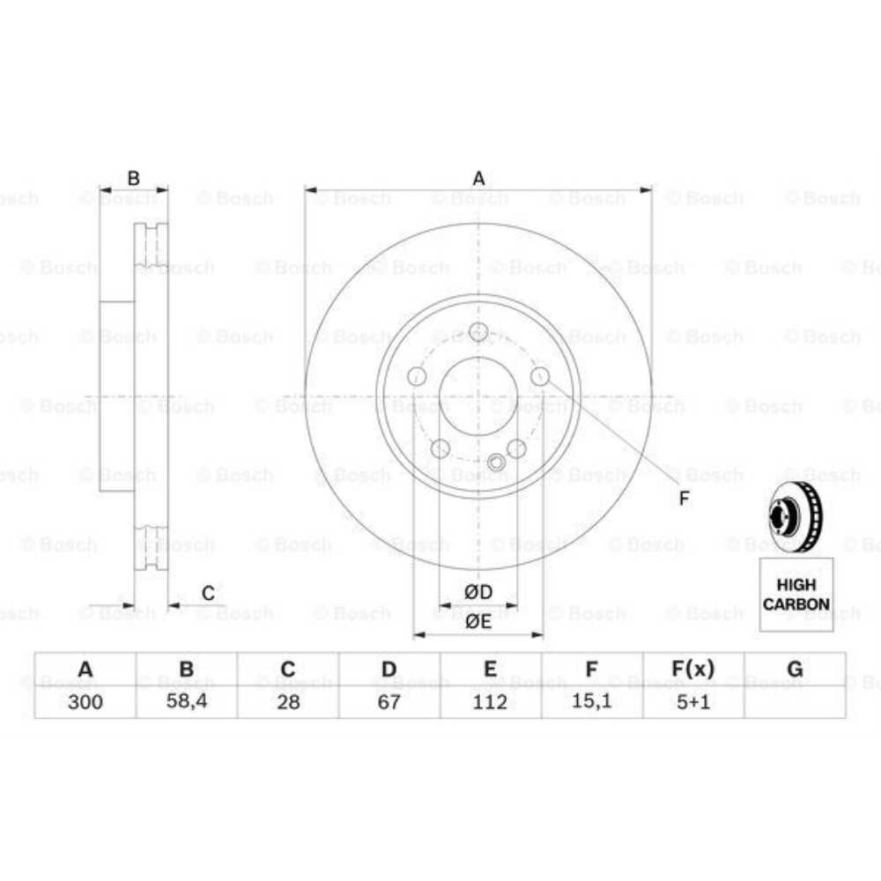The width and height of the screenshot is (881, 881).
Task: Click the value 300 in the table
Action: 85,701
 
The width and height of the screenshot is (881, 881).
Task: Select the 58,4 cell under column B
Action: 186,701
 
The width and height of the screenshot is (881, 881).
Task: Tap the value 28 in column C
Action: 287,701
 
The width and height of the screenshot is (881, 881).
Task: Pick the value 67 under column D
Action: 389,701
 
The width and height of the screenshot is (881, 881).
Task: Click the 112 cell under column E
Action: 490,701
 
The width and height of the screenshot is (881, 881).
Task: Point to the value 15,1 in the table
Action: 592,701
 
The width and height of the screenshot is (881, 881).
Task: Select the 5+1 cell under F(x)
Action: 692,701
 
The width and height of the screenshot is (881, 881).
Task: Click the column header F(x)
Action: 692,670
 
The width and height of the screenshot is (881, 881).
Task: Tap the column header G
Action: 795,670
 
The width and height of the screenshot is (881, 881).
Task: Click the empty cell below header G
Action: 795,701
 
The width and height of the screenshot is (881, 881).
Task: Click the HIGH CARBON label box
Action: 796,595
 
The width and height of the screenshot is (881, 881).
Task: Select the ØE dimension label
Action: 478,621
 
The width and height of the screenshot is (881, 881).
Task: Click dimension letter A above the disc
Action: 478,179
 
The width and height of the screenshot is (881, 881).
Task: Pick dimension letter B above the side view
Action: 133,179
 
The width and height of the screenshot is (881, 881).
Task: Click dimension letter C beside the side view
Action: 208,594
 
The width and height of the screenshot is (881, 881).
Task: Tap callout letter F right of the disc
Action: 684,499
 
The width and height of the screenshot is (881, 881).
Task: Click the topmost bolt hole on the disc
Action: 478,332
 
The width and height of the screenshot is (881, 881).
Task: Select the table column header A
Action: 85,670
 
